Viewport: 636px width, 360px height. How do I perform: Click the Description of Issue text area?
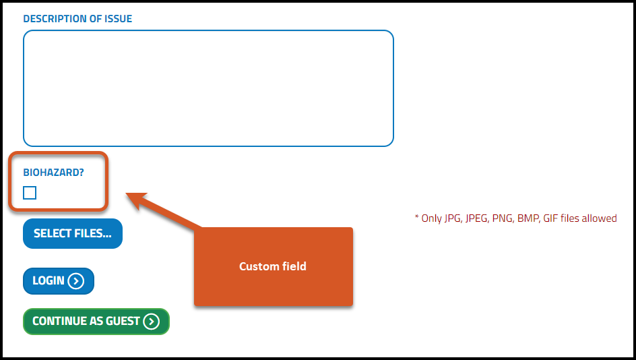(x=208, y=88)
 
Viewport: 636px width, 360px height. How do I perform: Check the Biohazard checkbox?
(x=30, y=193)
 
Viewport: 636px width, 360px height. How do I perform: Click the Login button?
(x=59, y=281)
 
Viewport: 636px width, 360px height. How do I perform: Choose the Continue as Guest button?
(x=96, y=322)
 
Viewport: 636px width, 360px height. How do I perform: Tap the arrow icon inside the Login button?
(x=75, y=281)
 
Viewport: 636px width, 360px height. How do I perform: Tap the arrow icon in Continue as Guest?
(x=151, y=322)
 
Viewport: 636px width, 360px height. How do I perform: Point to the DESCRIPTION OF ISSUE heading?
(x=77, y=19)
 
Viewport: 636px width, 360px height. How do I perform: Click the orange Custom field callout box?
(x=273, y=266)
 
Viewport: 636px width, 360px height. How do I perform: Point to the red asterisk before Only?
(x=416, y=217)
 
